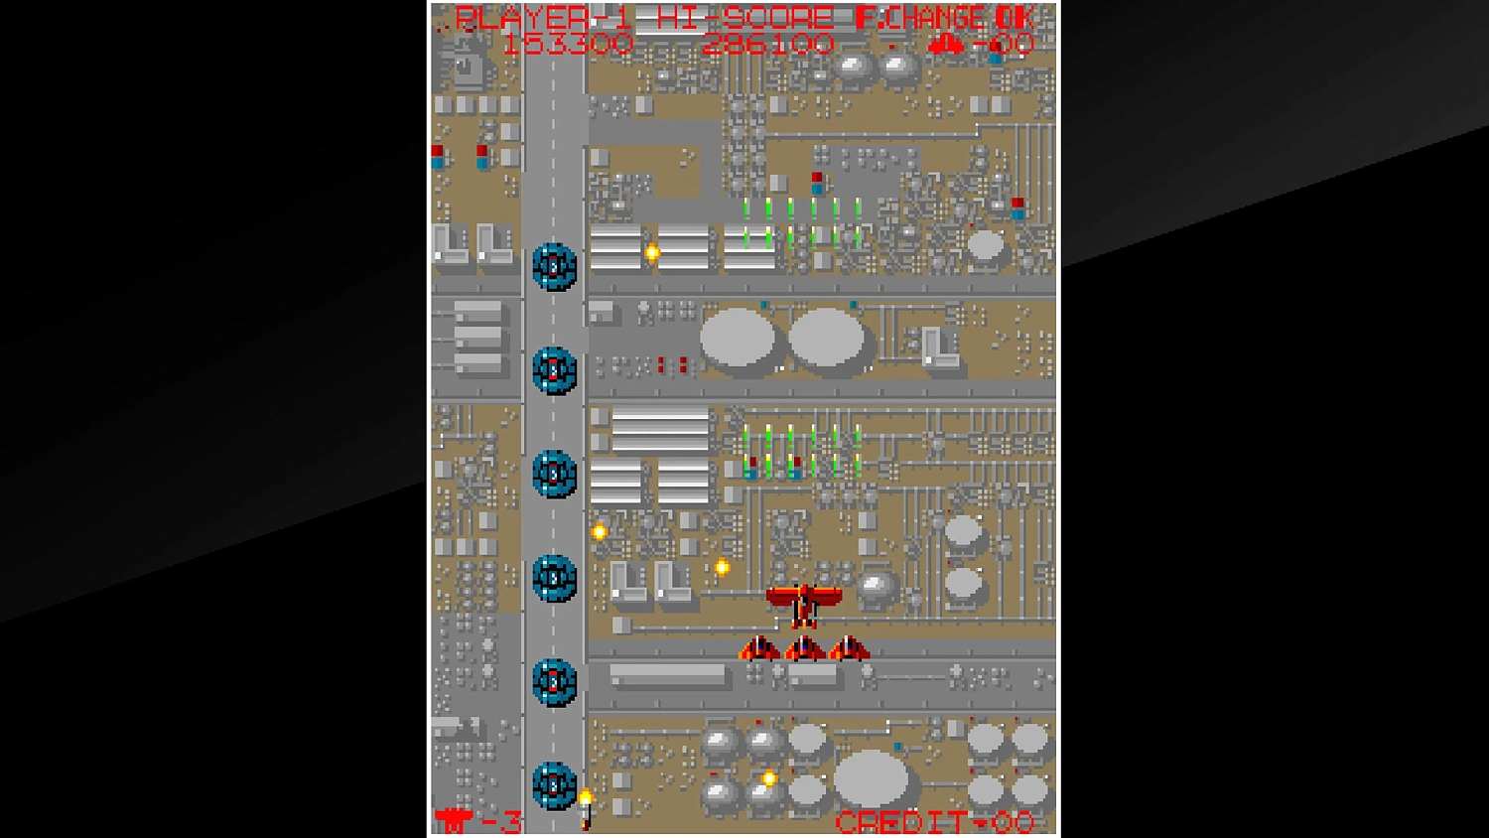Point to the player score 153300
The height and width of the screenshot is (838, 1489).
(x=567, y=44)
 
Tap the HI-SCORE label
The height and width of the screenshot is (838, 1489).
(x=744, y=18)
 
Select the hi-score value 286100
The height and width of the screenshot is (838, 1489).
(x=767, y=44)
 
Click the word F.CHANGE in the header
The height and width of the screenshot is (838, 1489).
(x=920, y=18)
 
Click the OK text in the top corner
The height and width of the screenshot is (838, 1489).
(x=1015, y=18)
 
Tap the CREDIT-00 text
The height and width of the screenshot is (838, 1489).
(x=934, y=822)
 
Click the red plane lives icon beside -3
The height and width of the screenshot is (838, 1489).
(x=454, y=821)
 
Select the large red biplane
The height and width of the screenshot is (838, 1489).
(x=804, y=603)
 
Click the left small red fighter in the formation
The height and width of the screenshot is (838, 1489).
(x=759, y=649)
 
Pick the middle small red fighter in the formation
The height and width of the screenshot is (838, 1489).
(x=804, y=649)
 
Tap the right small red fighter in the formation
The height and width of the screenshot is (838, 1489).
(x=850, y=649)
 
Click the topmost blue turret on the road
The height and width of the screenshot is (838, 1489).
(x=554, y=266)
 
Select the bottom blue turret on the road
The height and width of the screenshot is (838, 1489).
(x=554, y=785)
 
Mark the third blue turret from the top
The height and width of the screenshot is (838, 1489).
(x=554, y=474)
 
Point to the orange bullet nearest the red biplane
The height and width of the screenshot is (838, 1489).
(x=722, y=568)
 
